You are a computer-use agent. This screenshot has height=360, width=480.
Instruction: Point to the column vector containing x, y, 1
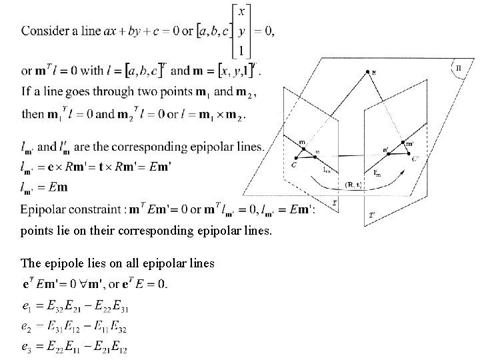point(241,31)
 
